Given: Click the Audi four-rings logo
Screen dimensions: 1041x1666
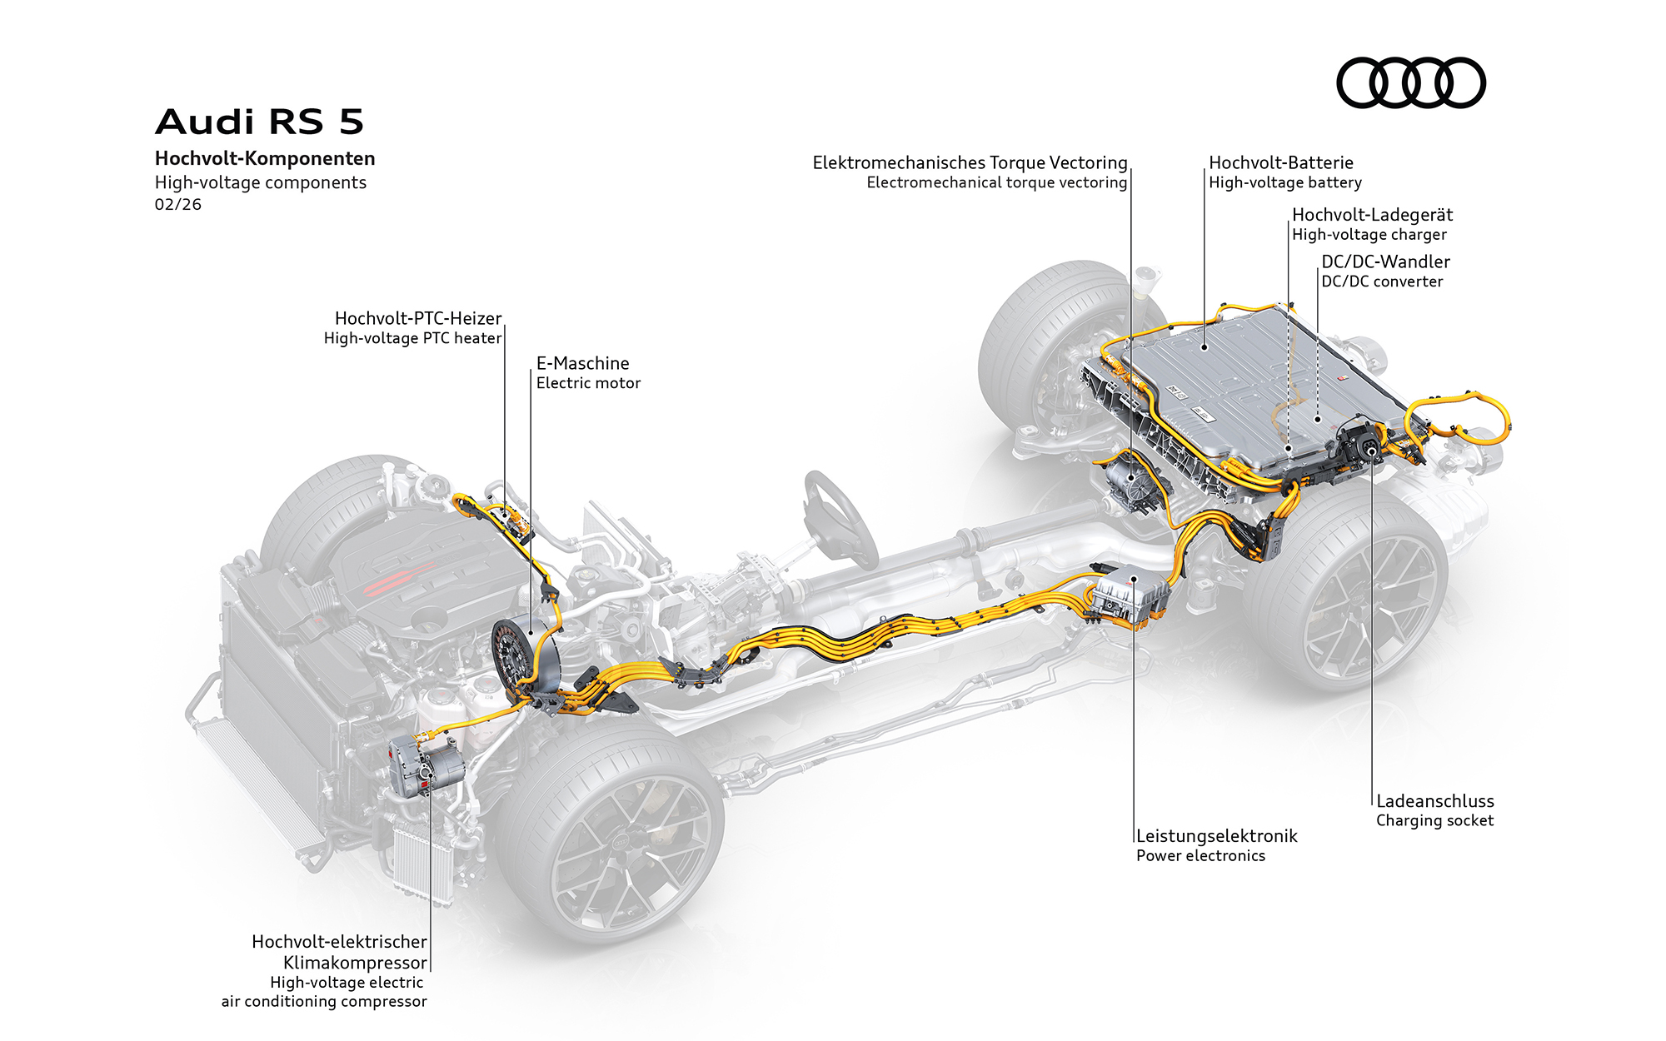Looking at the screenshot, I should tap(1410, 82).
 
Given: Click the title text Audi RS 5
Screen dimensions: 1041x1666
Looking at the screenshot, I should tap(260, 122).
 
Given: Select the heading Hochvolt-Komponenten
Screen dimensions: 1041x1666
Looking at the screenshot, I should tap(265, 158).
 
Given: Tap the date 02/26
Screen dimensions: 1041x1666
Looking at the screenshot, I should tap(177, 204).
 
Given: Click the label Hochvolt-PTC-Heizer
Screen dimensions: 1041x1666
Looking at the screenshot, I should tap(418, 318).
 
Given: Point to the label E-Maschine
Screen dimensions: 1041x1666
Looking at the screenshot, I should tap(582, 363).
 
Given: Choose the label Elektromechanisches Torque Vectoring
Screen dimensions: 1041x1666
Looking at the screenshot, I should tap(970, 162).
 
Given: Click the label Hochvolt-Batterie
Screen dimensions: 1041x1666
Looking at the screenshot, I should tap(1280, 162).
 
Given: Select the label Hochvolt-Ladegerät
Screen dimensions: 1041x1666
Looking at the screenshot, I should tap(1372, 215).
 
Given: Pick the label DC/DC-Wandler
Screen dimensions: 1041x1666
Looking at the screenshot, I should tap(1385, 261).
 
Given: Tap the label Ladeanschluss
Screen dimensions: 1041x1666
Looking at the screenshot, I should tap(1434, 801).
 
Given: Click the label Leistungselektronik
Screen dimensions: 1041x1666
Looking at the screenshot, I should tap(1216, 836).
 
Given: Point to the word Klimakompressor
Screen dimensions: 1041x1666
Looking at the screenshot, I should tap(355, 963).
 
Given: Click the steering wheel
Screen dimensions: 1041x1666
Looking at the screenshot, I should tap(839, 516).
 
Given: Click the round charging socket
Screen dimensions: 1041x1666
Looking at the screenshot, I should tap(1369, 450).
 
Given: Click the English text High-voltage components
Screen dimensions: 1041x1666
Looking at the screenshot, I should tap(260, 182).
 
